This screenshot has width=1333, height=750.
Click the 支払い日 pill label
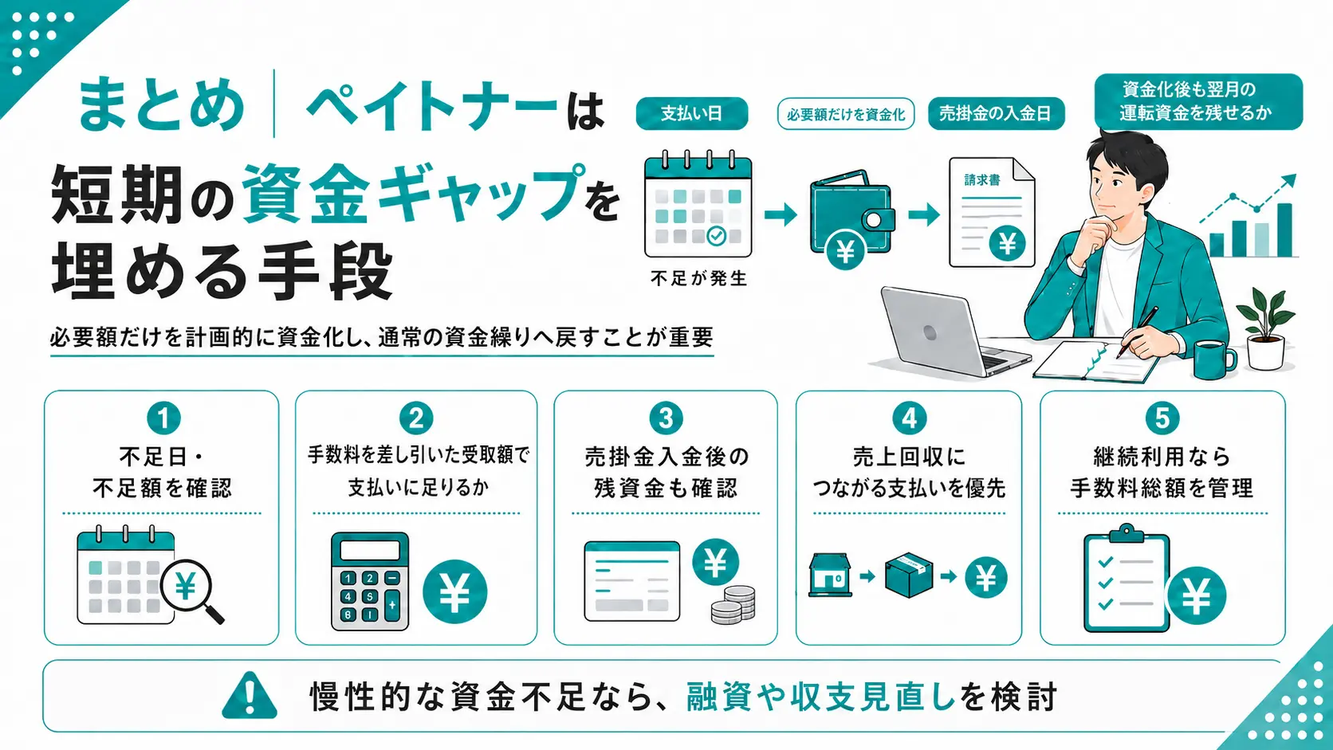coord(691,113)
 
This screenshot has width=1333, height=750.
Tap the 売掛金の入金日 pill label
coord(997,113)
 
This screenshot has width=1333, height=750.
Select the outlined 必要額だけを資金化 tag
coord(846,114)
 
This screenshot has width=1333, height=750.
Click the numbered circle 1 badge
coord(163,418)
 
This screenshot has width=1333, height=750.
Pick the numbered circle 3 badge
coord(666,418)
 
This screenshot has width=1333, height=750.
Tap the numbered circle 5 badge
coord(1162,418)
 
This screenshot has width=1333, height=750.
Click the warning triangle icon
coord(250,695)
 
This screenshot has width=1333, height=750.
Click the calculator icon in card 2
coord(370,581)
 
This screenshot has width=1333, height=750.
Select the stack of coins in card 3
coord(733,605)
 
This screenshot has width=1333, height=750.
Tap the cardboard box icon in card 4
coord(908,575)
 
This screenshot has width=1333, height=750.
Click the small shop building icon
coord(830,575)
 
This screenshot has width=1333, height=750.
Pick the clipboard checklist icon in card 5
coord(1127,578)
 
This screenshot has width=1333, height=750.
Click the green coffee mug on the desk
coord(1214,359)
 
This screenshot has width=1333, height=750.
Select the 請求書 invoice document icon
coord(992,212)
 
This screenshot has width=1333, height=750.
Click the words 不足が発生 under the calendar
coord(698,278)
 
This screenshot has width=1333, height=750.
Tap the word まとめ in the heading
coord(161,104)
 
